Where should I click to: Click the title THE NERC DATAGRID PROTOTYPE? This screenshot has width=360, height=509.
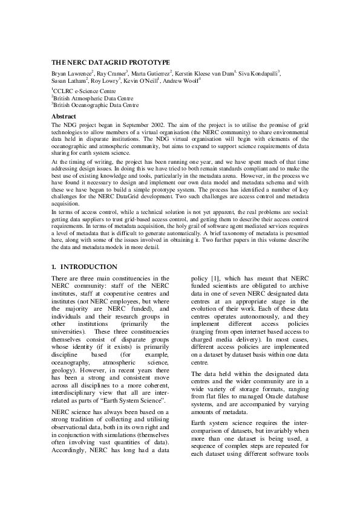(102, 62)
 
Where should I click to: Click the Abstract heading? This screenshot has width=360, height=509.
(64, 115)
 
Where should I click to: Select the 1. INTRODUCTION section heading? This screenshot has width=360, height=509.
(84, 267)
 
